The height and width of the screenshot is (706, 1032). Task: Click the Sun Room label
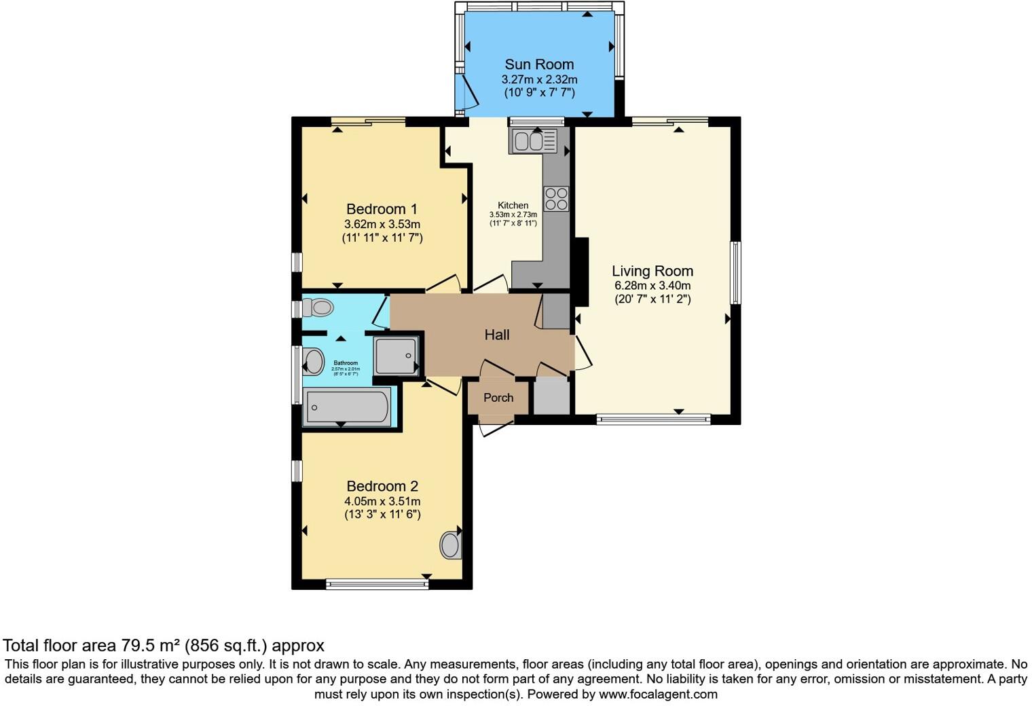[539, 64]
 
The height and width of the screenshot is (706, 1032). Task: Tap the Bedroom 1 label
[382, 209]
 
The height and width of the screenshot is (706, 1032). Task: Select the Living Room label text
[652, 271]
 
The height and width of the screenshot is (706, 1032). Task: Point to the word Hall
[497, 335]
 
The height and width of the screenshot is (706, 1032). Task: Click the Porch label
[498, 398]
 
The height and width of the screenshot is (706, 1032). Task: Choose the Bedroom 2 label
[382, 486]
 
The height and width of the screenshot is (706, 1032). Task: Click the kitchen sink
[534, 141]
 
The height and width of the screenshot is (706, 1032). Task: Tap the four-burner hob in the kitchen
[557, 198]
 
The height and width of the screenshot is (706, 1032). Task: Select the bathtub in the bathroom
[347, 407]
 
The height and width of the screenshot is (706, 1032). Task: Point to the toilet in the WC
[318, 308]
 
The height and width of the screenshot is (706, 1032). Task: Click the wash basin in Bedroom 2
[450, 544]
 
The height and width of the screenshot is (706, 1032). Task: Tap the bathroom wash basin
[313, 362]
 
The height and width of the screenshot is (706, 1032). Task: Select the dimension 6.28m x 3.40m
[652, 286]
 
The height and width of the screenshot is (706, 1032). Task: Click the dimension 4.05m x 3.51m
[382, 501]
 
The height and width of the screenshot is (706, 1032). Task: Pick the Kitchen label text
[513, 206]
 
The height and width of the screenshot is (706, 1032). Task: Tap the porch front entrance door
[496, 428]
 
